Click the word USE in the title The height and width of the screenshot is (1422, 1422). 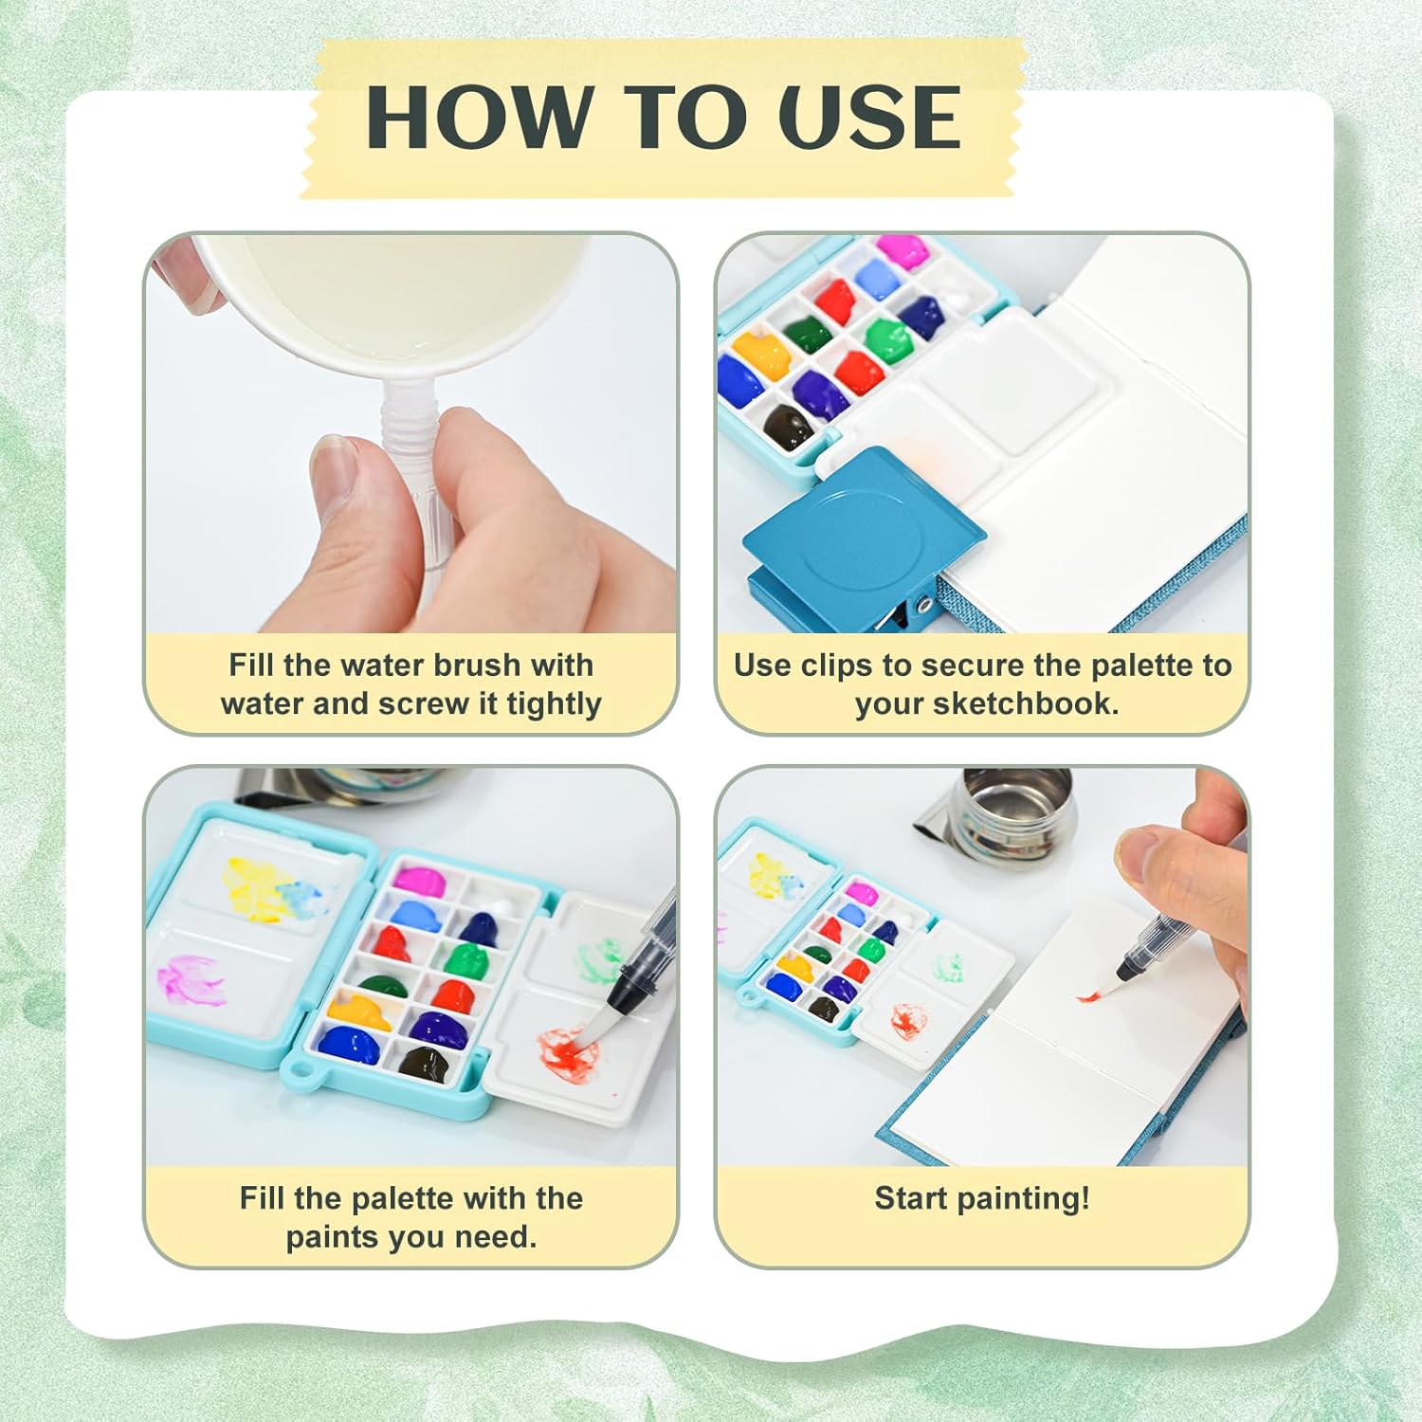coord(869,117)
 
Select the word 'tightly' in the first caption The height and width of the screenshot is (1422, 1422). coord(554,704)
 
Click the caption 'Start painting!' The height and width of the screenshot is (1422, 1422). coord(982,1198)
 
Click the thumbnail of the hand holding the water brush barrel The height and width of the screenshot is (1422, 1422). coord(410,433)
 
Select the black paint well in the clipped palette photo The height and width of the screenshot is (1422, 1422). coord(788,428)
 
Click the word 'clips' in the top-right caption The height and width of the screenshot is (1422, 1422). coord(836,666)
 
